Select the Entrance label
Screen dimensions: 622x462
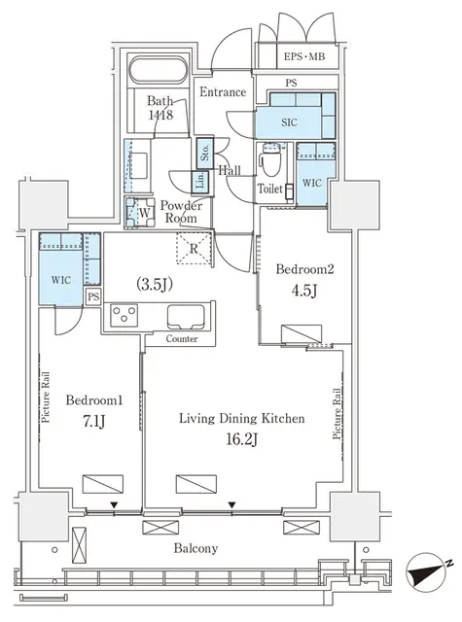(223, 92)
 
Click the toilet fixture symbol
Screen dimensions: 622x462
(271, 157)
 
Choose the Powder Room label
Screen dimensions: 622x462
(181, 212)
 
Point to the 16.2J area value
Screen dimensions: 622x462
(242, 441)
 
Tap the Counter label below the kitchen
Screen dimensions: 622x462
(182, 339)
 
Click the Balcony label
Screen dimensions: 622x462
(196, 548)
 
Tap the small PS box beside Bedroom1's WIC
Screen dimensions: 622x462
(93, 296)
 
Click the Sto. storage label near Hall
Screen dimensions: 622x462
(205, 153)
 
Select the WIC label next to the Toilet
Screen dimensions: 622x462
(311, 182)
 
